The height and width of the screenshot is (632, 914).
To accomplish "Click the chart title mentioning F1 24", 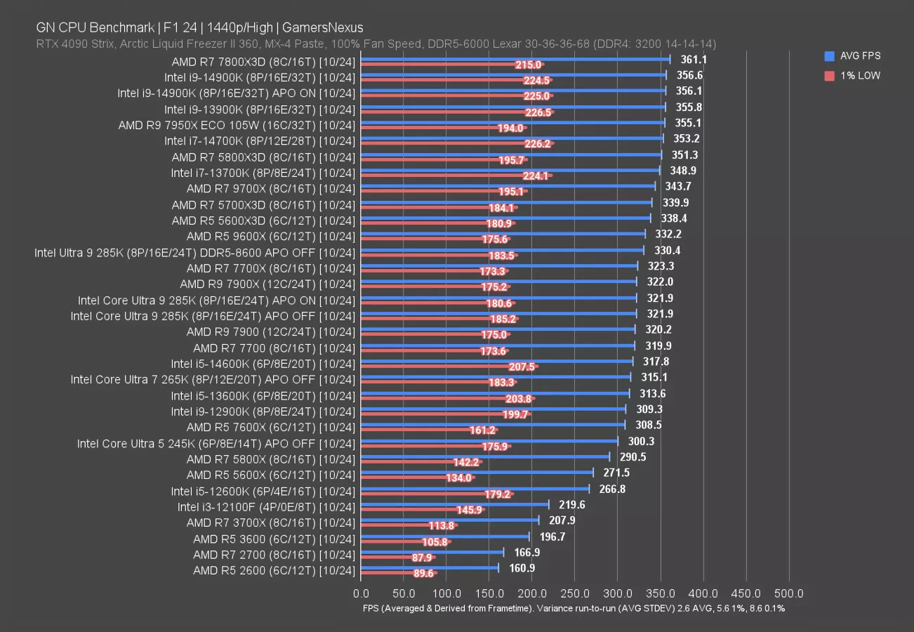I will pyautogui.click(x=199, y=28).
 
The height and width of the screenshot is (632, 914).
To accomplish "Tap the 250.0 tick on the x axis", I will pyautogui.click(x=576, y=593).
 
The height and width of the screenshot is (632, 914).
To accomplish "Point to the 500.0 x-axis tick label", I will pyautogui.click(x=789, y=593).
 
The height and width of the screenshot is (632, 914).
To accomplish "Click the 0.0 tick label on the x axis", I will pyautogui.click(x=361, y=593).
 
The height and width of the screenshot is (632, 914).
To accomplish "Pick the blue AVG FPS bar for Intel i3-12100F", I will pyautogui.click(x=455, y=504).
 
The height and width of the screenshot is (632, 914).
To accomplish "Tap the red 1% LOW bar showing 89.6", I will pyautogui.click(x=399, y=573).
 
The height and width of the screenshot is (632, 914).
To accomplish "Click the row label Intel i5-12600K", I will pyautogui.click(x=263, y=491).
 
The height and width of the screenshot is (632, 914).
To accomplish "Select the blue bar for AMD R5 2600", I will pyautogui.click(x=430, y=568).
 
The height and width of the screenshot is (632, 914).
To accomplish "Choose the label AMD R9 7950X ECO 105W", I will pyautogui.click(x=237, y=125).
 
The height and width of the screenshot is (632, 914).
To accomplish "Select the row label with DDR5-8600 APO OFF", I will pyautogui.click(x=195, y=252).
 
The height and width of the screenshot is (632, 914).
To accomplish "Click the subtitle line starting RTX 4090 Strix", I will pyautogui.click(x=376, y=44).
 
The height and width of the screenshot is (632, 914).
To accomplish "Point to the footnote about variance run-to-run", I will pyautogui.click(x=573, y=609).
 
